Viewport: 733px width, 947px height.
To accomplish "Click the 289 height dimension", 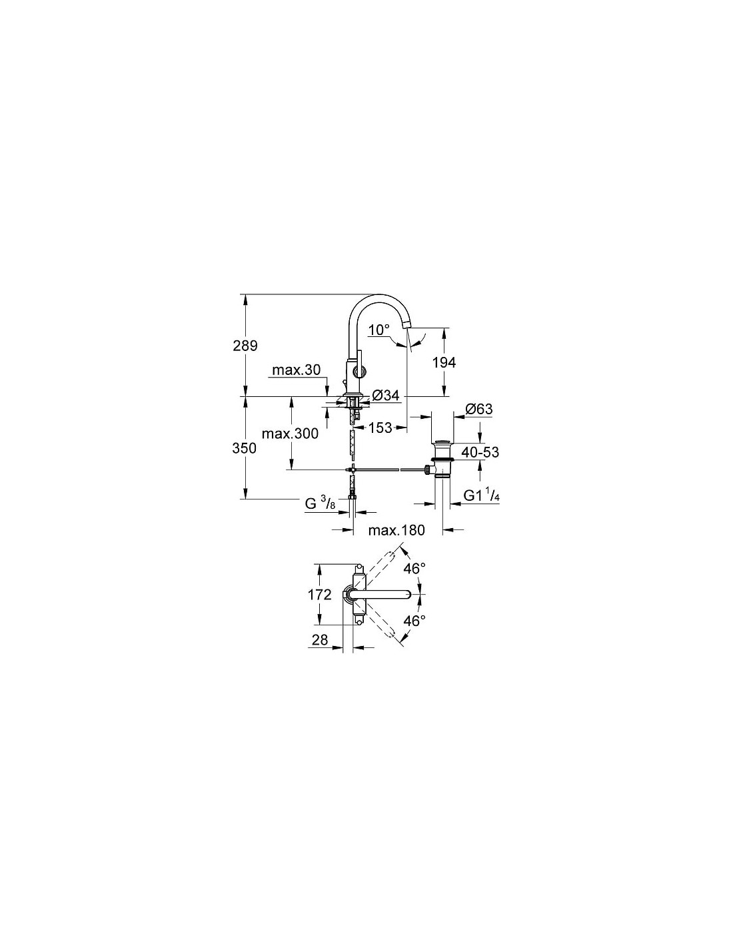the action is coord(245,346).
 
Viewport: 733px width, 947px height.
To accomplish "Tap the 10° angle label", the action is coord(378,330).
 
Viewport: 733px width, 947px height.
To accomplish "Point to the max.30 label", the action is coord(296,370).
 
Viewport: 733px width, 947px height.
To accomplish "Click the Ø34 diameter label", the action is coord(385,396).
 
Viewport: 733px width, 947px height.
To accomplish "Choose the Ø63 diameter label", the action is coord(479,409).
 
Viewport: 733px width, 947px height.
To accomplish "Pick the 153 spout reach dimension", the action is coord(380,428).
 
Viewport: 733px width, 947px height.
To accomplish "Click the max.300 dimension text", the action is coord(290,434).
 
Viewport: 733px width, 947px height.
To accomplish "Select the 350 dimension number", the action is coord(244,448).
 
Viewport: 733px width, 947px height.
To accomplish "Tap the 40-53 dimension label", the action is coord(480,452).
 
